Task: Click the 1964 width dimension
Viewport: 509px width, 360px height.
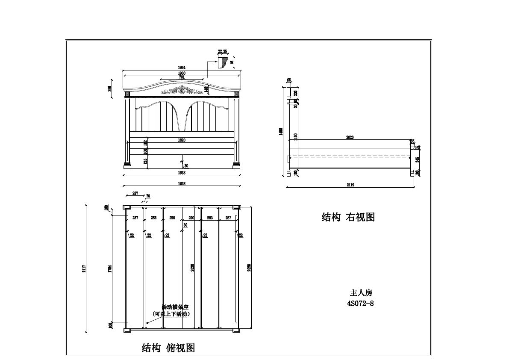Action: click(x=182, y=67)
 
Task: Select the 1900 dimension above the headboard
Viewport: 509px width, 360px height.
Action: click(x=182, y=73)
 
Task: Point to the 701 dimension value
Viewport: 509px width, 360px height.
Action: click(x=182, y=78)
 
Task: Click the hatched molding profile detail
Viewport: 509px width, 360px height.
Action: click(x=222, y=62)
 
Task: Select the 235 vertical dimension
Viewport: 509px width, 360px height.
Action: click(x=145, y=161)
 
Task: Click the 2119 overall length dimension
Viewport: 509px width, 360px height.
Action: click(x=350, y=185)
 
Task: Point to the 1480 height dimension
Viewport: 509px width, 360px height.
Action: click(x=281, y=131)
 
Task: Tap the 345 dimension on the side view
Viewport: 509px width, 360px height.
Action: click(x=418, y=159)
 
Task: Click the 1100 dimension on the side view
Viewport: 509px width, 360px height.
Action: click(x=295, y=136)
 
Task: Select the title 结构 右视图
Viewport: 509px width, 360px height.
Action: click(x=348, y=217)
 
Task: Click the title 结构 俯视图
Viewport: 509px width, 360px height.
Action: click(x=168, y=348)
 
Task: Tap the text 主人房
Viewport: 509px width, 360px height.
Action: click(x=361, y=293)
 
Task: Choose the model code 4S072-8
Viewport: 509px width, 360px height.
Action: click(x=361, y=304)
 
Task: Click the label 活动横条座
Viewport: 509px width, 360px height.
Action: click(x=175, y=307)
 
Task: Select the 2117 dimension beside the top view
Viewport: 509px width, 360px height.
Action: click(x=85, y=268)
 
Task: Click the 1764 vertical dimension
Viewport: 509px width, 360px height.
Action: click(x=110, y=269)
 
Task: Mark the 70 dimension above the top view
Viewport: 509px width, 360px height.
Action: click(x=148, y=196)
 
